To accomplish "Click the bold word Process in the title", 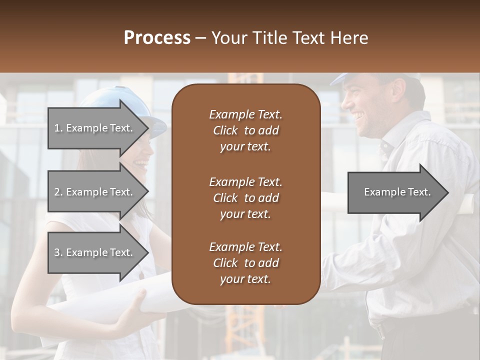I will [157, 37].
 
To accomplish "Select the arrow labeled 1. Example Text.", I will [93, 128].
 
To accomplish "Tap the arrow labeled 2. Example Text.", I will [93, 192].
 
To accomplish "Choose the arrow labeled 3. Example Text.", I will [93, 252].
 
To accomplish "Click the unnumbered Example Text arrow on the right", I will [397, 192].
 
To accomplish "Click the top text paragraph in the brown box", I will [245, 130].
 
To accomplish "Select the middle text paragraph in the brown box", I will [245, 198].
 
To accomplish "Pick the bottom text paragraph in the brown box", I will [245, 263].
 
